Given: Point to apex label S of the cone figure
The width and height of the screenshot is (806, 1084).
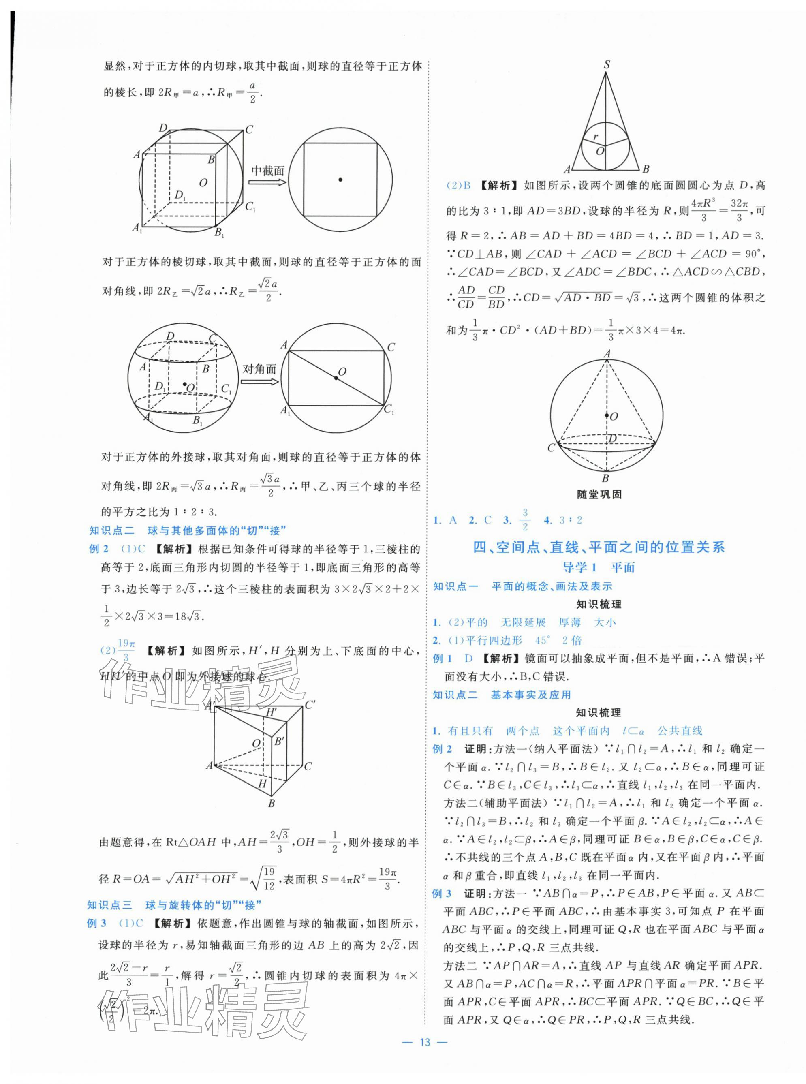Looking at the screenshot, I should (607, 64).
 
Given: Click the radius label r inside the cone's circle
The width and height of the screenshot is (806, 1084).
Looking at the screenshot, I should (596, 137).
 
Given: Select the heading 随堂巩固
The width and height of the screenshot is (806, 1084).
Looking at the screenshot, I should (600, 494).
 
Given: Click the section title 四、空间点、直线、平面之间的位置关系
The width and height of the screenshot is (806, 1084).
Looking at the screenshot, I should (599, 547).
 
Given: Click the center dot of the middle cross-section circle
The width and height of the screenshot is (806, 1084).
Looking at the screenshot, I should (340, 180).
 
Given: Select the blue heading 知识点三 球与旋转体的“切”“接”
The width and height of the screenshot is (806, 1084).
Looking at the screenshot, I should (174, 905).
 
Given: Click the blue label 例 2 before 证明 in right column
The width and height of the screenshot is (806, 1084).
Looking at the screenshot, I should (443, 749).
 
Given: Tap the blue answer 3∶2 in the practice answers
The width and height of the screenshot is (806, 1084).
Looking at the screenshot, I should (571, 520).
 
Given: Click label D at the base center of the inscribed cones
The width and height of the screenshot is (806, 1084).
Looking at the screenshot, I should (612, 438).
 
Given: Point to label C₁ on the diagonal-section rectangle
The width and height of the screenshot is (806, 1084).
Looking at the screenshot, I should (389, 410).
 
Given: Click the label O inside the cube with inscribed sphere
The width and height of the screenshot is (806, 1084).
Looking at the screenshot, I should (203, 182).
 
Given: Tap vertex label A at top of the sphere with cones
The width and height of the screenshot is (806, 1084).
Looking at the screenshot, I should (607, 354).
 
